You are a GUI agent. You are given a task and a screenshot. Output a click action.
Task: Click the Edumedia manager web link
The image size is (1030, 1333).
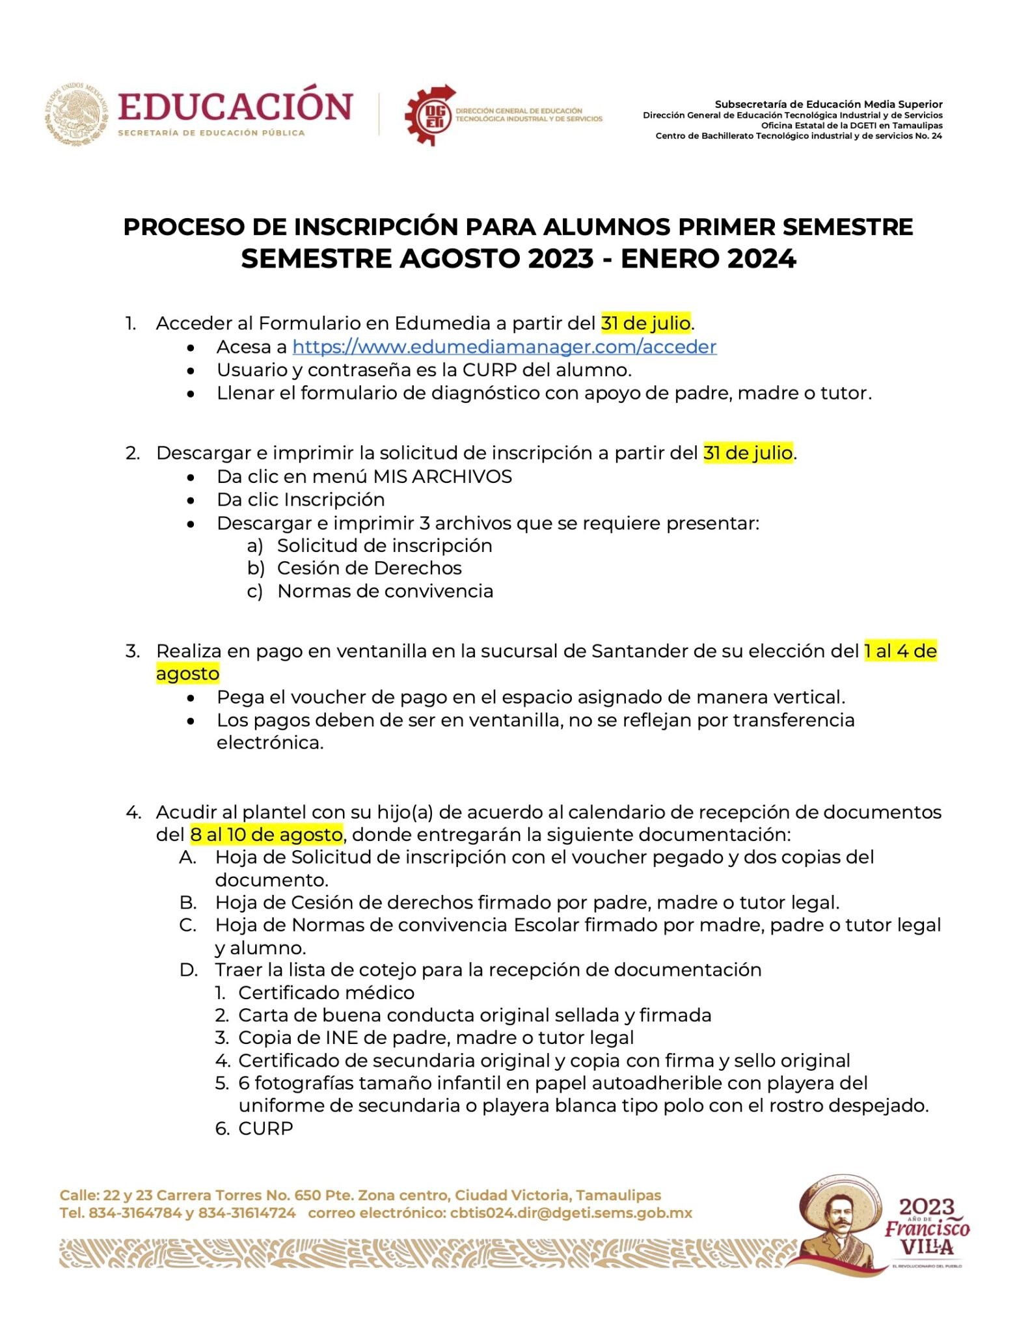[x=504, y=347]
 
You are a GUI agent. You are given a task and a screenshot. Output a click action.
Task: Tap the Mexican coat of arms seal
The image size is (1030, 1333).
[x=77, y=115]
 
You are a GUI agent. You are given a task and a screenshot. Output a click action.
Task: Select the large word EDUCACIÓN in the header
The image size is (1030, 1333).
[x=235, y=108]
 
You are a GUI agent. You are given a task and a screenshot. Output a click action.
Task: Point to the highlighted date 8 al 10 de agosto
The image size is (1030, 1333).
[x=266, y=834]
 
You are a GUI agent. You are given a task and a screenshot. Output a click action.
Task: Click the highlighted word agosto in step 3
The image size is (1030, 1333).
[x=187, y=674]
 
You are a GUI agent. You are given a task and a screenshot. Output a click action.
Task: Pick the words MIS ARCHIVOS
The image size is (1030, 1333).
[x=442, y=476]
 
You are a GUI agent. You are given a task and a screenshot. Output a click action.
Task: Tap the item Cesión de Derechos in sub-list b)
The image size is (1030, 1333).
[x=369, y=568]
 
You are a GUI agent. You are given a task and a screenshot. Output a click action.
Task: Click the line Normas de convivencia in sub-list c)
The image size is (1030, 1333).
[x=385, y=591]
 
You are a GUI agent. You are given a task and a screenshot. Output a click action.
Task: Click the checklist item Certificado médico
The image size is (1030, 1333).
[x=326, y=993]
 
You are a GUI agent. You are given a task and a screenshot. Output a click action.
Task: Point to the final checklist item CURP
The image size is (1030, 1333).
[x=265, y=1128]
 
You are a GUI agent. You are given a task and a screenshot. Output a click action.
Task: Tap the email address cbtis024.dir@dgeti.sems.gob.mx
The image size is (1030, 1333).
[x=571, y=1213]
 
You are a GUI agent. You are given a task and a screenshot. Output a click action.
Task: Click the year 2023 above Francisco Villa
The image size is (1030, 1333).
[x=926, y=1207]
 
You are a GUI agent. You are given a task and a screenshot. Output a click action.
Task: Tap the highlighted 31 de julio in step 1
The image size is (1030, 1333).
[x=645, y=323]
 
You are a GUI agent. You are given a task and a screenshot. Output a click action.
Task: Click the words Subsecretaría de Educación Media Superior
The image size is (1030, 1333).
[x=828, y=104]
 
